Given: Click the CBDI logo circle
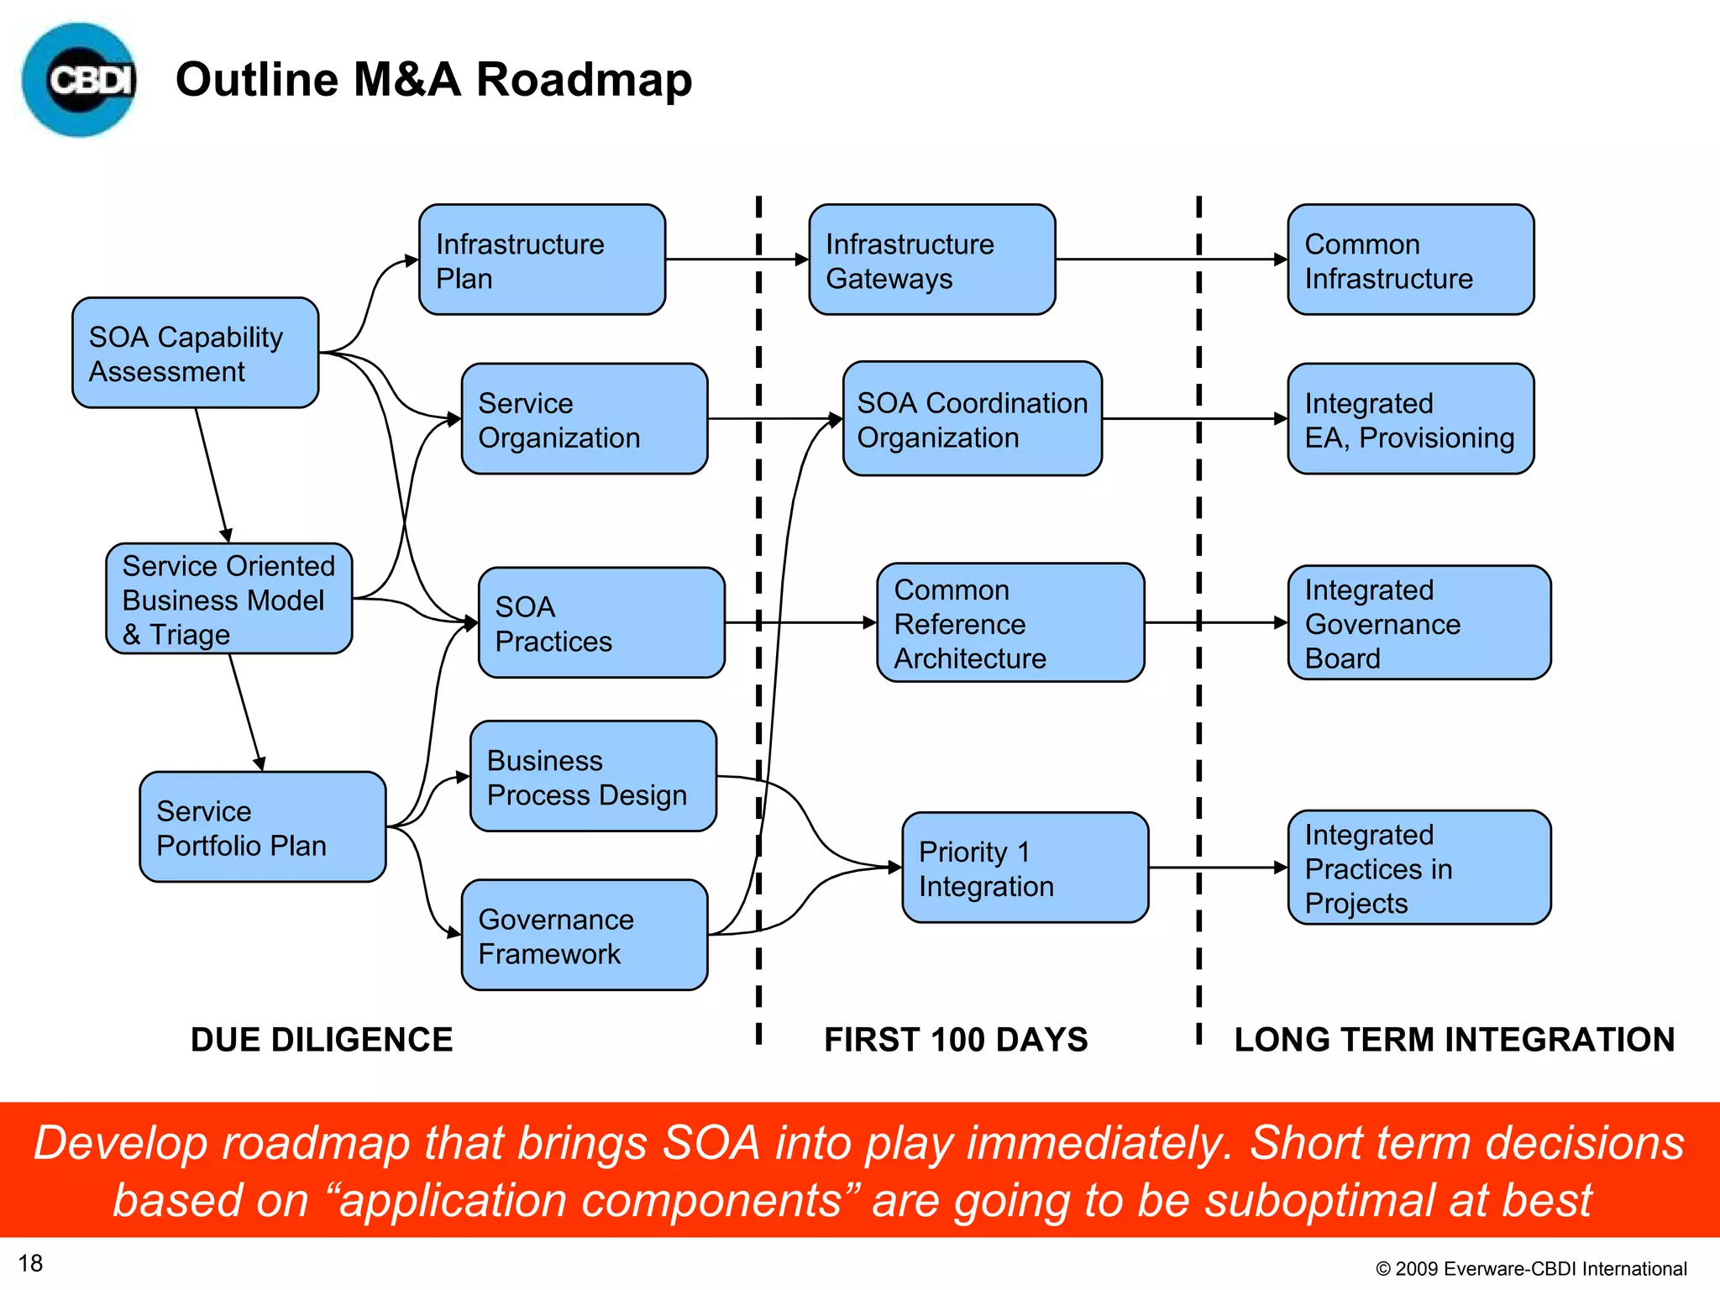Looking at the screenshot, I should click(79, 80).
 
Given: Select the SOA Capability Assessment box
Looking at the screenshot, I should click(195, 354).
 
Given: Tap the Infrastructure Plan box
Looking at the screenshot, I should click(542, 260).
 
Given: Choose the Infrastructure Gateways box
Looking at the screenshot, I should click(931, 260).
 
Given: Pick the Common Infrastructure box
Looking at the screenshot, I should click(1410, 260).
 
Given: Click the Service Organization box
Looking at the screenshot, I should click(585, 419).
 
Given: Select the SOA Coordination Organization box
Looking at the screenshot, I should click(972, 419).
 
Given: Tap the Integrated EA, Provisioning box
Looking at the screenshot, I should click(1410, 419).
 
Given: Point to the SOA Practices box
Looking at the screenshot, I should click(601, 623).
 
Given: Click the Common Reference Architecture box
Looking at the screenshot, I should click(1010, 623).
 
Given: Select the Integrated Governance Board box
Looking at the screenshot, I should click(1418, 623).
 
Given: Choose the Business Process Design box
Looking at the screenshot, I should click(593, 777).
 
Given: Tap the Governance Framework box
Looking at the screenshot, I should click(585, 936).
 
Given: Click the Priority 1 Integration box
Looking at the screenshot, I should click(1025, 868).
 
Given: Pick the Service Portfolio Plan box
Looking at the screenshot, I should click(262, 827).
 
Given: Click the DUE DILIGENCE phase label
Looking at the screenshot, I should click(322, 1040).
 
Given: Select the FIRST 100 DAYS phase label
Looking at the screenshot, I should click(956, 1040).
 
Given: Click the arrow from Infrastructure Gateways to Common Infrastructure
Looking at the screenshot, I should click(1171, 260).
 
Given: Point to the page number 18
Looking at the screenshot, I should click(30, 1263).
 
